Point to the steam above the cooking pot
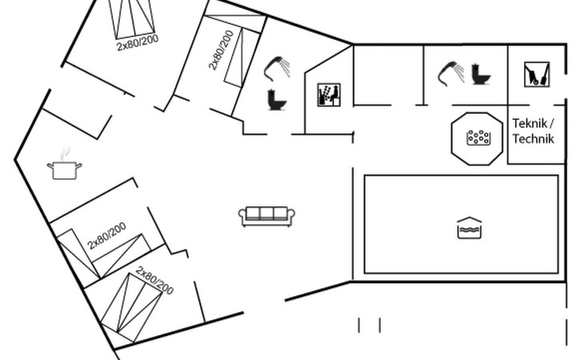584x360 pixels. click(x=66, y=154)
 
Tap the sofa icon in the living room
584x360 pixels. click(x=266, y=216)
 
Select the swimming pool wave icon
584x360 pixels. click(x=470, y=227)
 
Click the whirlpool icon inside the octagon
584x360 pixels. click(x=478, y=138)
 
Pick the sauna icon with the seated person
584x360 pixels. click(x=329, y=95)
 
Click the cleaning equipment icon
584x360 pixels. click(x=537, y=74)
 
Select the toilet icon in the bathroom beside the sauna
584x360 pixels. click(x=277, y=100)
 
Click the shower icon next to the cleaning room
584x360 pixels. click(x=451, y=74)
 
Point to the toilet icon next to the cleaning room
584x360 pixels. click(x=481, y=74)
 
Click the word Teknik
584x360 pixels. click(x=530, y=123)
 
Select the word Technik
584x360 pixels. click(x=534, y=138)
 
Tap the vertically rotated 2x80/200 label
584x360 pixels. click(x=221, y=50)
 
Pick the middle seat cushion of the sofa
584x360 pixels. click(x=266, y=214)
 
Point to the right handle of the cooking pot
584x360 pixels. click(x=79, y=166)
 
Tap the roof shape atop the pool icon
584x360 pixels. click(x=470, y=220)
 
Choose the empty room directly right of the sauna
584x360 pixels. click(x=388, y=75)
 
